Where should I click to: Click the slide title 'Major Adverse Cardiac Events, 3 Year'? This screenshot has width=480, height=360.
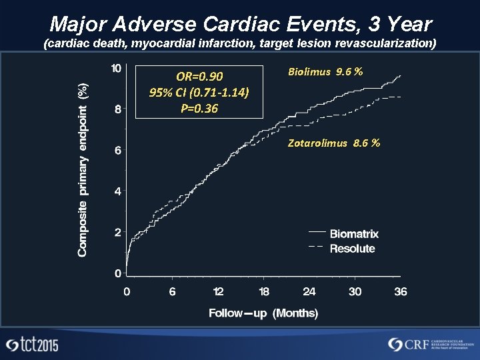coord(240,25)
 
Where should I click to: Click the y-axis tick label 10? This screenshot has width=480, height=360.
coord(116,69)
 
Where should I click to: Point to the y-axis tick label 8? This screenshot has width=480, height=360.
coord(117,109)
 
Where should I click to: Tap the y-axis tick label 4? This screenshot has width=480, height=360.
coord(117,191)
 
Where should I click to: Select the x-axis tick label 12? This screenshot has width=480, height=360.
coord(218,291)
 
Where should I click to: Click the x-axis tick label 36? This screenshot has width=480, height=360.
coord(400,291)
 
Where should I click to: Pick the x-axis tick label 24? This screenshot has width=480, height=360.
coord(309,291)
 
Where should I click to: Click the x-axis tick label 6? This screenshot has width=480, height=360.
coord(172,291)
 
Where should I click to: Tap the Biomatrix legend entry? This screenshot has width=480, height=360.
coord(353,234)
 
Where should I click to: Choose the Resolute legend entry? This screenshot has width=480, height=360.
coord(352,249)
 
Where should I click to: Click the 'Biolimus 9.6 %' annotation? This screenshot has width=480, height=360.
coord(325,71)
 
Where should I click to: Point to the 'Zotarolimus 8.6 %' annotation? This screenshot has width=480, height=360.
coord(334,143)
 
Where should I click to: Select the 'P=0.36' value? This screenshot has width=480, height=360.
coord(199,107)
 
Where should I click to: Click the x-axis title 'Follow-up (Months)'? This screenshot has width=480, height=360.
coord(263,313)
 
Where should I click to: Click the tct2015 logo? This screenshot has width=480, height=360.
coord(32,345)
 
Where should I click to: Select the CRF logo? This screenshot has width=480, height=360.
coord(427,344)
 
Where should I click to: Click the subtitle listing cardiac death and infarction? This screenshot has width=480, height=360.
coord(240,45)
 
